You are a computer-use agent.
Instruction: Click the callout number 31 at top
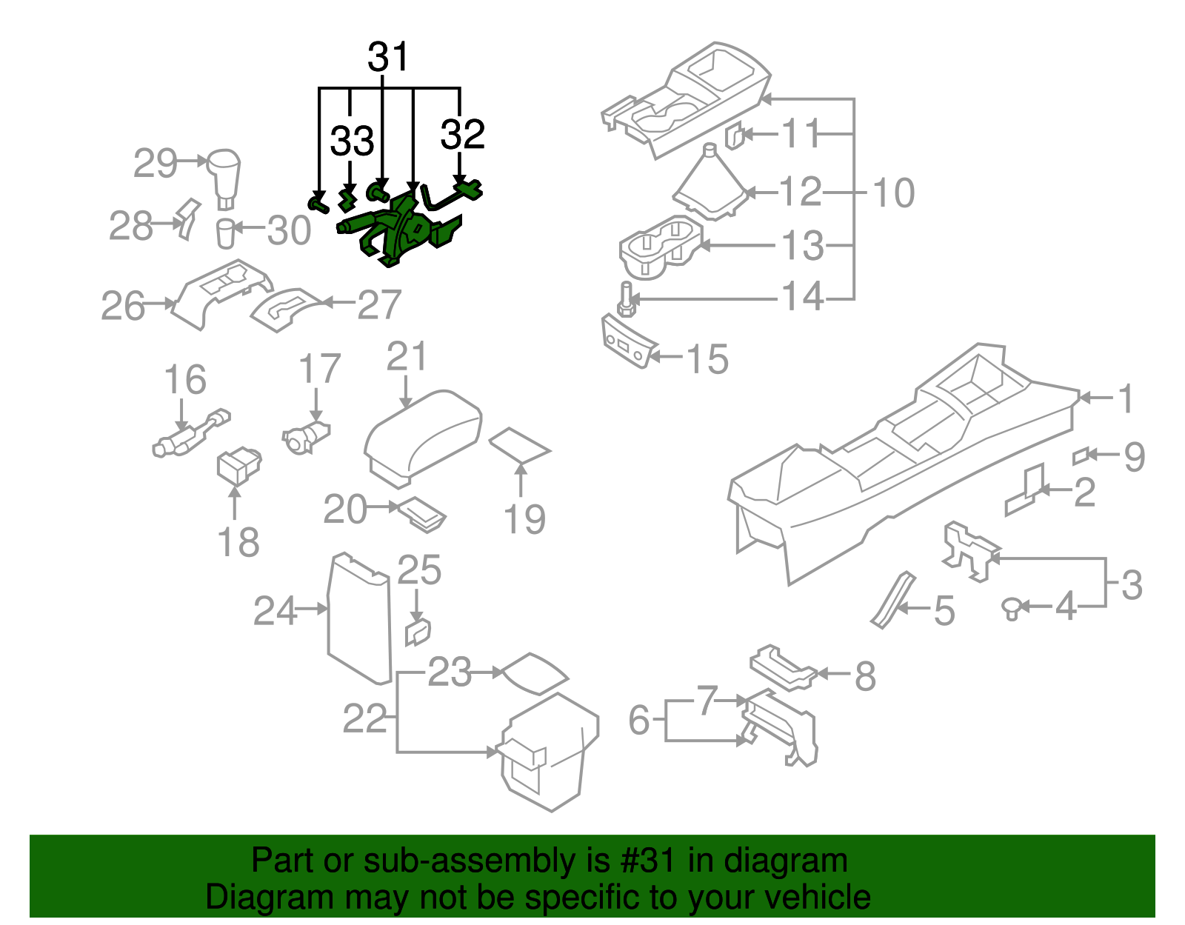coord(388,57)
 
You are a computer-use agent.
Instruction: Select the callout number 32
coord(462,134)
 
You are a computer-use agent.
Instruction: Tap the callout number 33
coord(353,141)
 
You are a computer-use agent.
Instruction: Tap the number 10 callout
coord(894,193)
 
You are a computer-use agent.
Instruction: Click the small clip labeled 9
coord(1080,456)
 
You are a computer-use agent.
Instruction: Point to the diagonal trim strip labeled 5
coord(892,600)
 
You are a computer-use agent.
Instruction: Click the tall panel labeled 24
coord(359,619)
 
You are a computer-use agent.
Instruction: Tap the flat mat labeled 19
coord(520,445)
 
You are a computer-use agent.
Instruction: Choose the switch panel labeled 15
coord(628,341)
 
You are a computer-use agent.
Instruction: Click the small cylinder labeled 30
coord(226,233)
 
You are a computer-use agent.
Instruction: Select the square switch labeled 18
coord(238,467)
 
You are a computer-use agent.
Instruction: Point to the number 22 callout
coord(364,718)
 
